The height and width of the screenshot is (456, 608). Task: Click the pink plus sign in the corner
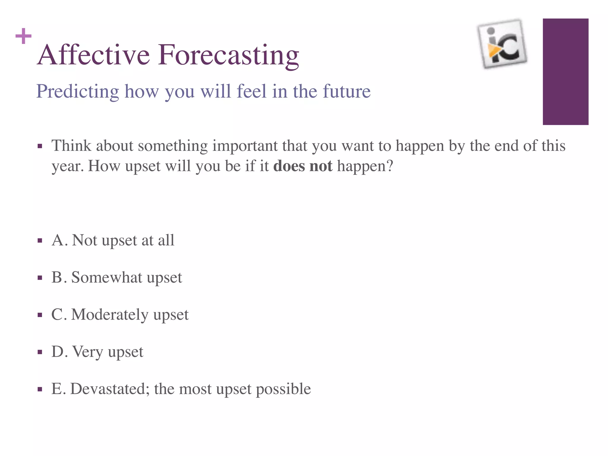23,36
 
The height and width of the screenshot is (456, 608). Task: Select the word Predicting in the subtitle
77,91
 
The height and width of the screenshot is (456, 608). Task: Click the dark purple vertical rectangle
565,72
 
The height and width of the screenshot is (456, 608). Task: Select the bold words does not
303,166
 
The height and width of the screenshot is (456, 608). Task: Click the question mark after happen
389,166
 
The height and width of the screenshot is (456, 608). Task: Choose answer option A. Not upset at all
113,240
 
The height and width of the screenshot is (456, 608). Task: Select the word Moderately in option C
110,314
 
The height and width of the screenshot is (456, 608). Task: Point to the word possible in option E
283,389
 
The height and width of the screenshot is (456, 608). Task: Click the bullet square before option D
40,352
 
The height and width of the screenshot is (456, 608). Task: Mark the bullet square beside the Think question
40,146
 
